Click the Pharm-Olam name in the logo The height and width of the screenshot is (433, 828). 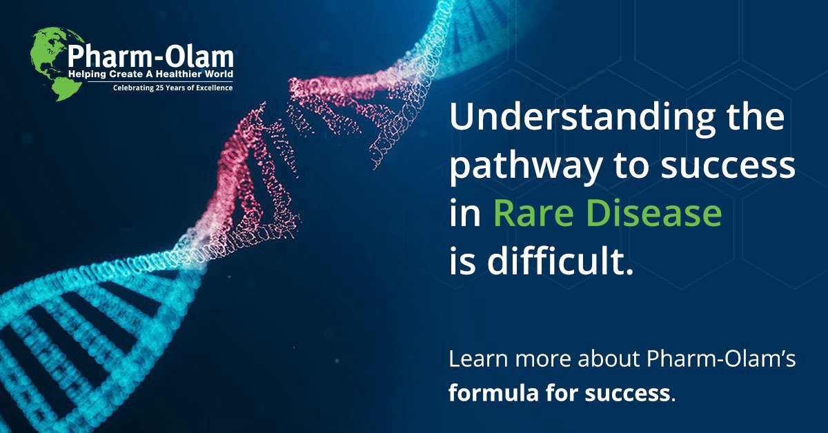(150, 55)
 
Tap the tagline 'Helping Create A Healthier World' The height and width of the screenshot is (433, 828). (150, 73)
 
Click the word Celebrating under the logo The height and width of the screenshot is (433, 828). (135, 88)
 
